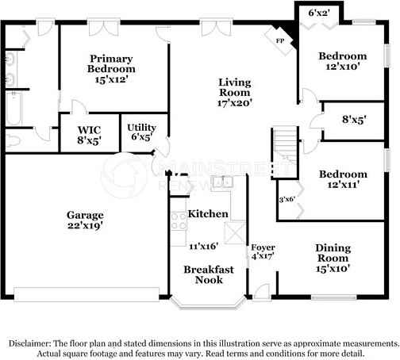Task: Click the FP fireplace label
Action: pyautogui.click(x=280, y=41)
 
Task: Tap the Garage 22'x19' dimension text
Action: pyautogui.click(x=85, y=226)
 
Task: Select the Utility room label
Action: pyautogui.click(x=141, y=128)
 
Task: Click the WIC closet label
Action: pyautogui.click(x=89, y=130)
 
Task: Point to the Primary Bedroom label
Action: pyautogui.click(x=111, y=63)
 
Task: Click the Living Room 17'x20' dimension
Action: pyautogui.click(x=235, y=103)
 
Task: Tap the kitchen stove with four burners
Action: pyautogui.click(x=179, y=221)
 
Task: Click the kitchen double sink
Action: pyautogui.click(x=222, y=182)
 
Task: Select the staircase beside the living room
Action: pyautogui.click(x=285, y=152)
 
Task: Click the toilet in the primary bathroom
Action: pyautogui.click(x=13, y=140)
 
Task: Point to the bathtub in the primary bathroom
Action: pyautogui.click(x=13, y=109)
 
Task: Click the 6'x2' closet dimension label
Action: pyautogui.click(x=319, y=13)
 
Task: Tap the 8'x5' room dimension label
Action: pyautogui.click(x=354, y=120)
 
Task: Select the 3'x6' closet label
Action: pyautogui.click(x=287, y=199)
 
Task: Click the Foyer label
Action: pyautogui.click(x=263, y=247)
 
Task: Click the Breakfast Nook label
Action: pyautogui.click(x=209, y=274)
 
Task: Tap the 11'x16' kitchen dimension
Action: pyautogui.click(x=204, y=247)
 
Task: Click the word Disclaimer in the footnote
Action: pyautogui.click(x=29, y=343)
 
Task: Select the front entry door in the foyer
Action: pyautogui.click(x=262, y=292)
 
